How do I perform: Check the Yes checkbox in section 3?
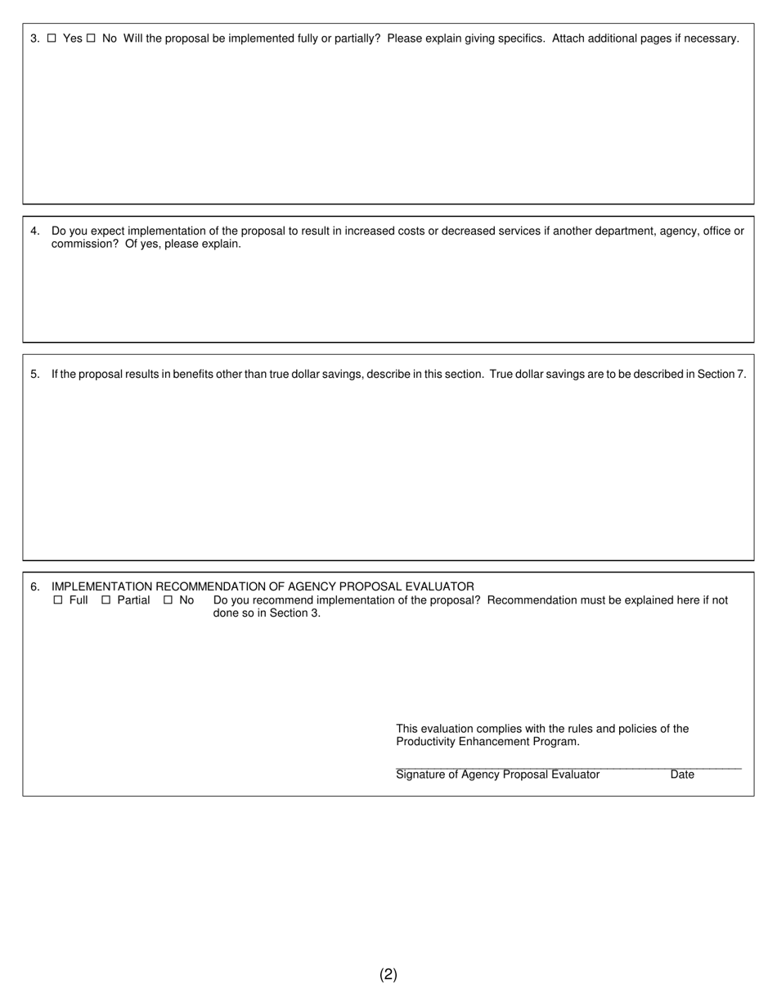52,38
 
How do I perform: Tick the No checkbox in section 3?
91,38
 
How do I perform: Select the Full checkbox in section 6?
57,600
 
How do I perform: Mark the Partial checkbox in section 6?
106,600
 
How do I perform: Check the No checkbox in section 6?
168,600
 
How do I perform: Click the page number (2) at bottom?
388,974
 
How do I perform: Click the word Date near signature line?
682,775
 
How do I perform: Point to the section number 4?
34,231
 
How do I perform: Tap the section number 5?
34,375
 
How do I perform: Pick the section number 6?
34,587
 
